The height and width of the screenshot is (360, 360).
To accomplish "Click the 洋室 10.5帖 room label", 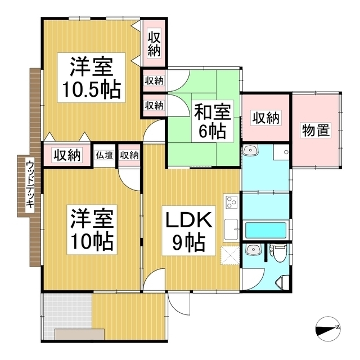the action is (x=91, y=78).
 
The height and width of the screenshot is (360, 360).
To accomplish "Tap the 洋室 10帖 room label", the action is (x=92, y=229).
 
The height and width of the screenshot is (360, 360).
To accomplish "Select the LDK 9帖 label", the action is (x=189, y=231).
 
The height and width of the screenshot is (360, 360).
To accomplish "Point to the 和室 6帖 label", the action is (x=213, y=121).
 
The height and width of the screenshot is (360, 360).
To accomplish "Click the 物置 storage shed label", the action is (x=316, y=130).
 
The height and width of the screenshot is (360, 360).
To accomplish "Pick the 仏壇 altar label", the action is (x=104, y=155).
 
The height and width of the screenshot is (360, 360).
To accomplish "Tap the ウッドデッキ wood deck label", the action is (x=30, y=185).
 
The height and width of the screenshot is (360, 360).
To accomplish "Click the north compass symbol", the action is (x=328, y=329).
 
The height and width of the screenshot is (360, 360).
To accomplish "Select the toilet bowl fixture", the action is (x=279, y=253).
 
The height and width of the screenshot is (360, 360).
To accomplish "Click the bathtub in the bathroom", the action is (x=266, y=230).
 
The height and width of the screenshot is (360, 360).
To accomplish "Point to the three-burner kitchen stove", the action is (x=231, y=202).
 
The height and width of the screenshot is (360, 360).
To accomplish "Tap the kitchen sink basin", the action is (x=231, y=229).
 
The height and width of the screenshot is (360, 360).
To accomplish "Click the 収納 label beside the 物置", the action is (x=266, y=118).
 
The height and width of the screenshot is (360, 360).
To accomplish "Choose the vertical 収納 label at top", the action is (x=154, y=44).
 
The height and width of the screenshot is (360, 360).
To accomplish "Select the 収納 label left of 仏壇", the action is (x=67, y=155).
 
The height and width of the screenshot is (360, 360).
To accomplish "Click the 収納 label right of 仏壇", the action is (x=129, y=155).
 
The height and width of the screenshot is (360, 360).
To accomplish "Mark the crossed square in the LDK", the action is (x=230, y=255).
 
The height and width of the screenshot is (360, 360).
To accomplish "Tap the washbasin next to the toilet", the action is (x=253, y=249).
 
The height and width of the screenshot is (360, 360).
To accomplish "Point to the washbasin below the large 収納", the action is (x=251, y=150).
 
